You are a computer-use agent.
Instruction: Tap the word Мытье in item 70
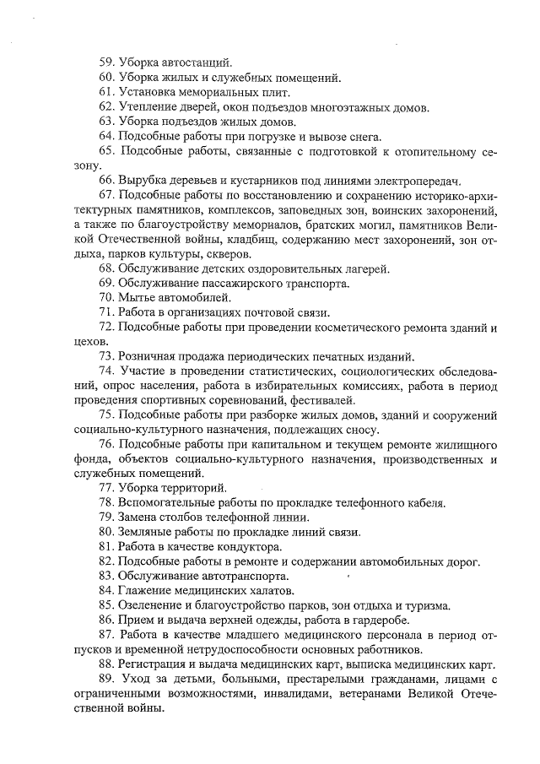tap(136, 298)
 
